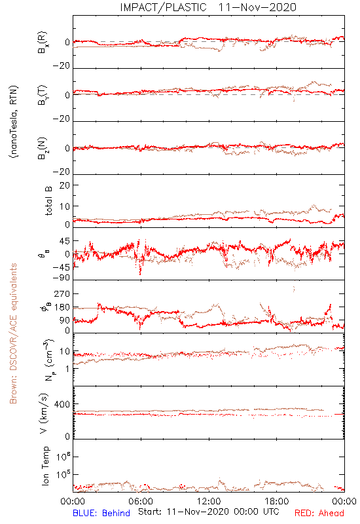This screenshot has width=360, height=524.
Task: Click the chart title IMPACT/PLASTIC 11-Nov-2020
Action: point(208,7)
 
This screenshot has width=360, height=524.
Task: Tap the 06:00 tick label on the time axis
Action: point(141,501)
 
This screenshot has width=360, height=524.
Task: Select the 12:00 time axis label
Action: point(209,501)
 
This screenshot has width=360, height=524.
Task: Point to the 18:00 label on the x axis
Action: point(277,501)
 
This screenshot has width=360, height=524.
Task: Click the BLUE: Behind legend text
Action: point(101,513)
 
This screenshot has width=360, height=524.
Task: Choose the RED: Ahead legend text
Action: point(319,513)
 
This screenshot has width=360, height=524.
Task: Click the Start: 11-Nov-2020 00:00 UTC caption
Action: point(209,512)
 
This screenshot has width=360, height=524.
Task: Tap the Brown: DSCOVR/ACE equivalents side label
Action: point(13,333)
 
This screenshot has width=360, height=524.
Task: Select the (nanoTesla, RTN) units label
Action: point(14,122)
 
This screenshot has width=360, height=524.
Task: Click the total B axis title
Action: point(48,201)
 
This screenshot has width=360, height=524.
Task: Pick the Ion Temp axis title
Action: point(45,466)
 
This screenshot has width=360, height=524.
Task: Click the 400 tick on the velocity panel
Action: point(62,404)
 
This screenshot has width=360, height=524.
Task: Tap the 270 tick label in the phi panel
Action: point(62,293)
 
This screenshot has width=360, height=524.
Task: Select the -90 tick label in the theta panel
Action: point(61,278)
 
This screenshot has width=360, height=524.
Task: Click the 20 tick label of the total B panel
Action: point(65,185)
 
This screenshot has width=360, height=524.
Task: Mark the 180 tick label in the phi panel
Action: point(62,307)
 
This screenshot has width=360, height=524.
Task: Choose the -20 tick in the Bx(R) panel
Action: point(62,66)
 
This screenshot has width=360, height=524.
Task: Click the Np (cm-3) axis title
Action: point(48,360)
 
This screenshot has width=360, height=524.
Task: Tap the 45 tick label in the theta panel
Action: point(65,241)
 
